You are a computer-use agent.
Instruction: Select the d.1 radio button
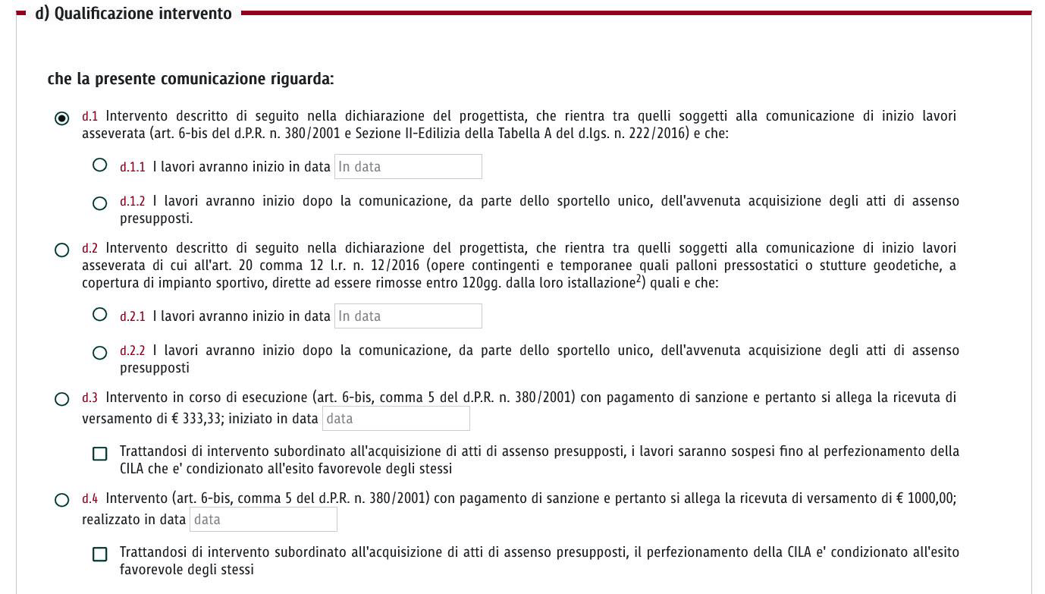coord(62,118)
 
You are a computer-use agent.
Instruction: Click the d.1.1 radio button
coord(99,165)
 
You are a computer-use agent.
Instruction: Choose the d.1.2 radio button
coord(99,203)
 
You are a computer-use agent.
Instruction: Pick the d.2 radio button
coord(62,250)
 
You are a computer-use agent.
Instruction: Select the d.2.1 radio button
coord(99,314)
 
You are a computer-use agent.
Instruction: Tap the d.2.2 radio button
coord(99,353)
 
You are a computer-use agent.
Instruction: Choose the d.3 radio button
coord(62,399)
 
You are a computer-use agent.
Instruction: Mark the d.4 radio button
coord(62,500)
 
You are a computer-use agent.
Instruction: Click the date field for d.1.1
coord(408,167)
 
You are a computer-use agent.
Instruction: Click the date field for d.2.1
coord(408,316)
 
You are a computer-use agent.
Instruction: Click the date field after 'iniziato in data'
coord(396,419)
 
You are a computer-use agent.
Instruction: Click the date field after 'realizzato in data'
coord(263,520)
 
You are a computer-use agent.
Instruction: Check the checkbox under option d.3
coord(99,454)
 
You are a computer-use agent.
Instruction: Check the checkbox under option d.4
coord(99,555)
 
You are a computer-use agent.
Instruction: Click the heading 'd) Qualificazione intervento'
coord(133,14)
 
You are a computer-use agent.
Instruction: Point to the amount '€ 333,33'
coord(201,419)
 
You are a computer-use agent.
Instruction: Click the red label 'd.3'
coord(90,398)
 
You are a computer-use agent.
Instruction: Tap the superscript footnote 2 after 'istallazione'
coord(639,279)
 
